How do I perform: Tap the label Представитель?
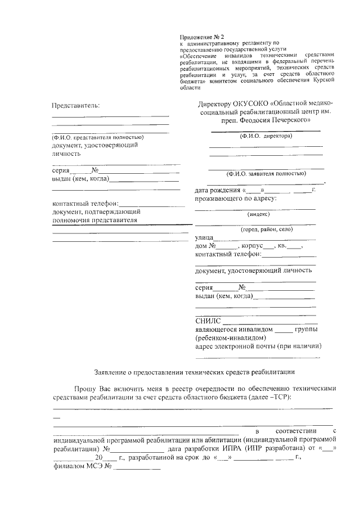[75, 105]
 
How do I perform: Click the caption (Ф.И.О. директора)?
[265, 136]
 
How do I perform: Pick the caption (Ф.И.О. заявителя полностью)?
[266, 174]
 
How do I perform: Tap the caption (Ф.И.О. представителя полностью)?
[98, 137]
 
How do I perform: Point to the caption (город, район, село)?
[267, 230]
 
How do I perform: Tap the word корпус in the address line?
[254, 246]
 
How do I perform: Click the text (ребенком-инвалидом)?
[226, 337]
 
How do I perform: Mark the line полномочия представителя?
[94, 220]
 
